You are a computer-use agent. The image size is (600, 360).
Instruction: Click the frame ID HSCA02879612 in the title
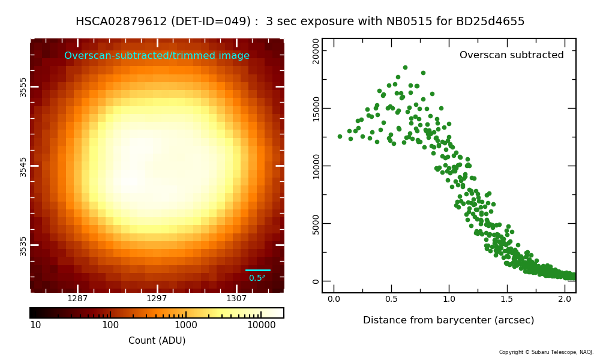[121, 21]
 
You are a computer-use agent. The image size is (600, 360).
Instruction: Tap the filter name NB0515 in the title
[409, 21]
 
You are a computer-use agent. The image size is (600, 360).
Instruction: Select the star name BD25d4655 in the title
[490, 21]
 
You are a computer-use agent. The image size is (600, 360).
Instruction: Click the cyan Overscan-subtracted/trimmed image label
[157, 55]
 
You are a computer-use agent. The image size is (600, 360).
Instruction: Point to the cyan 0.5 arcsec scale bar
[258, 270]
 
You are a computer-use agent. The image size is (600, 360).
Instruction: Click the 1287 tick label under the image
[77, 298]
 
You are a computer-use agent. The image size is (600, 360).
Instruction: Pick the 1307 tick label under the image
[236, 298]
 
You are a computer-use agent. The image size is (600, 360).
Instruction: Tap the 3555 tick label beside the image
[23, 87]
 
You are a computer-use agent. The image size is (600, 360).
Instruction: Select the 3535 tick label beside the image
[23, 246]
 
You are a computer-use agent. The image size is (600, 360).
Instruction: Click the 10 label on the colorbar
[35, 325]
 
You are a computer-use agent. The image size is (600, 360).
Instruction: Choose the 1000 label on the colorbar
[186, 325]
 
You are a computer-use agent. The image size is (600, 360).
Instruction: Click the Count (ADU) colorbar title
[157, 340]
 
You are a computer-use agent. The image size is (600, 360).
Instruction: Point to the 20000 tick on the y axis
[316, 51]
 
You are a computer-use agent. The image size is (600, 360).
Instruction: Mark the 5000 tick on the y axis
[316, 224]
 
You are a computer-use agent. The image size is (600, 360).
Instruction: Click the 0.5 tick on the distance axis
[391, 299]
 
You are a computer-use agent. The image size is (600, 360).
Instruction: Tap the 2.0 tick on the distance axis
[565, 299]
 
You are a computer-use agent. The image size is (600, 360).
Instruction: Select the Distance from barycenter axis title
[448, 320]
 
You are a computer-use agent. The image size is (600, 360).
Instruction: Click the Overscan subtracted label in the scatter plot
[512, 55]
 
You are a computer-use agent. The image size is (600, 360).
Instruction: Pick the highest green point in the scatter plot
[405, 68]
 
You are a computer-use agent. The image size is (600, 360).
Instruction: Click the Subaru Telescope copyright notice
[546, 352]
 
